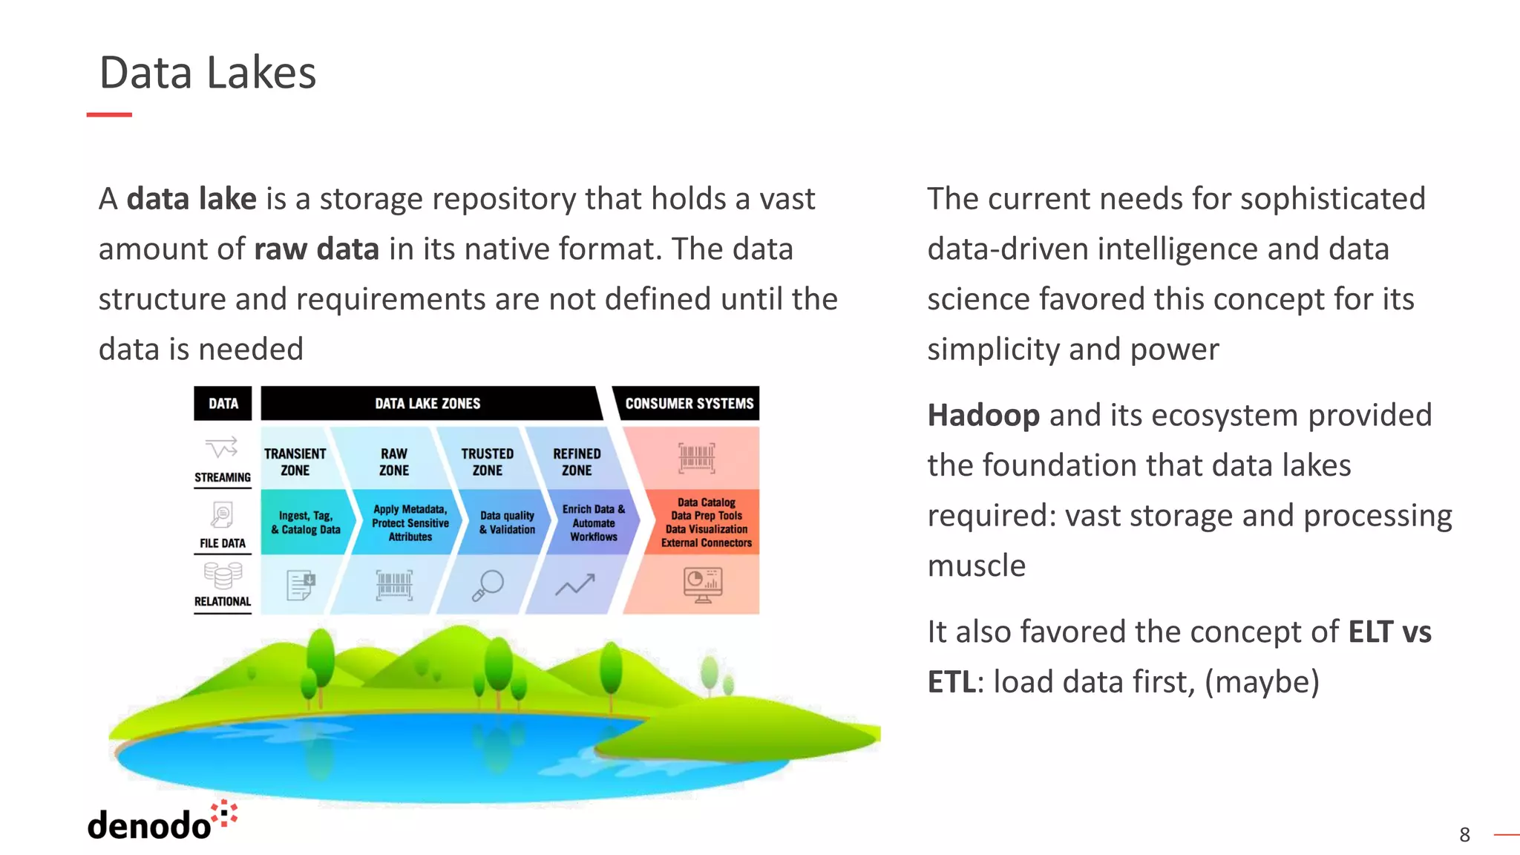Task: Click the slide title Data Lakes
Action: pyautogui.click(x=208, y=73)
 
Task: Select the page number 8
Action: pyautogui.click(x=1464, y=835)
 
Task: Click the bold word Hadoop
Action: pyautogui.click(x=983, y=416)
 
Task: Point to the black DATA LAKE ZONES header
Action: pyautogui.click(x=427, y=403)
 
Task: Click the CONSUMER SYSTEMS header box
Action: pyautogui.click(x=689, y=403)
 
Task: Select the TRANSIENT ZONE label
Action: pyautogui.click(x=295, y=462)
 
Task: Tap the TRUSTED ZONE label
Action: pyautogui.click(x=487, y=462)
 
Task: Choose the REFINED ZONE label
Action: pyautogui.click(x=577, y=462)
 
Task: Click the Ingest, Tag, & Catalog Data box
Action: pyautogui.click(x=305, y=522)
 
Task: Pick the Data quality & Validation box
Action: pyautogui.click(x=507, y=522)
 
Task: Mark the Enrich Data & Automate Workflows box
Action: pyautogui.click(x=593, y=522)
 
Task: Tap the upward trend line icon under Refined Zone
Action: pyautogui.click(x=575, y=585)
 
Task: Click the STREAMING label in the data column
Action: pyautogui.click(x=223, y=477)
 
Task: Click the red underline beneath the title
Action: pyautogui.click(x=109, y=114)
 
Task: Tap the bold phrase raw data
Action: pyautogui.click(x=317, y=249)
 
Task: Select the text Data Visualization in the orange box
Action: pyautogui.click(x=706, y=529)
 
